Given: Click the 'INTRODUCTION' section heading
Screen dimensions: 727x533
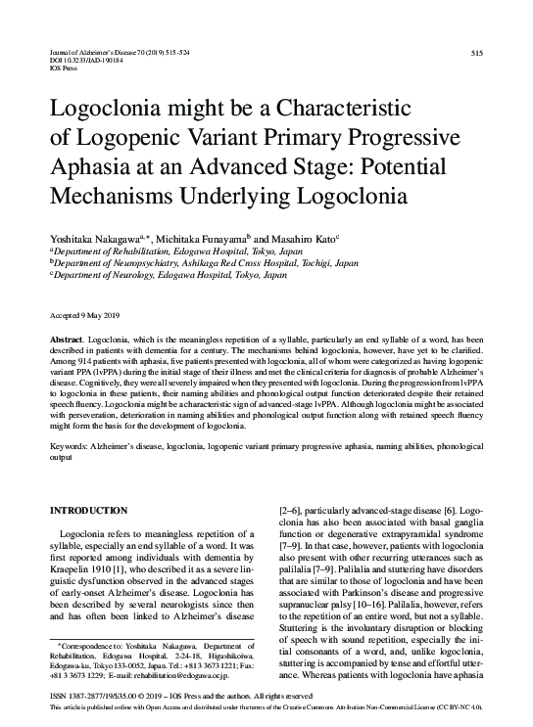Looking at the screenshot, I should tap(89, 511).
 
